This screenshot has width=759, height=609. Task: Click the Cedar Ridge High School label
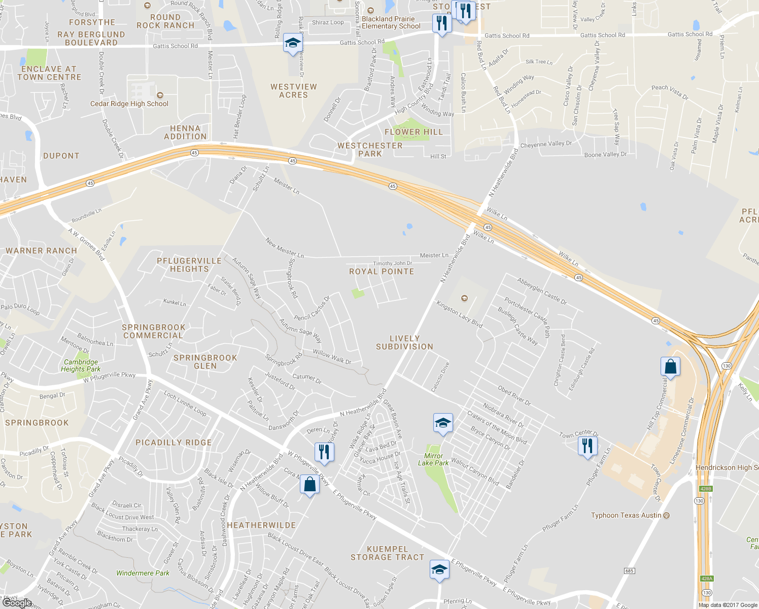(x=129, y=104)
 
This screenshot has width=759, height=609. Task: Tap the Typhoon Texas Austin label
(x=626, y=515)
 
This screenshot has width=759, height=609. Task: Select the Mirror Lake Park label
(x=433, y=459)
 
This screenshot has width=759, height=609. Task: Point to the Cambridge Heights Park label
(x=81, y=365)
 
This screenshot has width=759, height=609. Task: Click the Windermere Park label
(x=143, y=573)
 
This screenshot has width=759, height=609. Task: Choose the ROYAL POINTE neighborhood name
(x=382, y=272)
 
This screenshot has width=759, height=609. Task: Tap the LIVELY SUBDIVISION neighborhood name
(x=404, y=343)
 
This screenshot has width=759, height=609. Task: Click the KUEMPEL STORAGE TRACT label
(x=387, y=553)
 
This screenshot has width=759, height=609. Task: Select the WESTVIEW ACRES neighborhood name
(x=294, y=91)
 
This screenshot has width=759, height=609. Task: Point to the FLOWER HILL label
(x=413, y=132)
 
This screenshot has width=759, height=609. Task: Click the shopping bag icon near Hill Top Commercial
(x=670, y=366)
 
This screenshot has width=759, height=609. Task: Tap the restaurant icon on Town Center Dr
(x=588, y=446)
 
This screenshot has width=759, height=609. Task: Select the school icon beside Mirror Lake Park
(x=443, y=423)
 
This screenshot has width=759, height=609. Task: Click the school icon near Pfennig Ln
(x=439, y=569)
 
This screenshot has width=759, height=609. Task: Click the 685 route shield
(x=629, y=571)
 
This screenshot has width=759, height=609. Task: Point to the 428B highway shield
(x=706, y=489)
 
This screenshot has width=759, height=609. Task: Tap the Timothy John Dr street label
(x=393, y=263)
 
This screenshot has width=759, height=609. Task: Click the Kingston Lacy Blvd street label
(x=459, y=313)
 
